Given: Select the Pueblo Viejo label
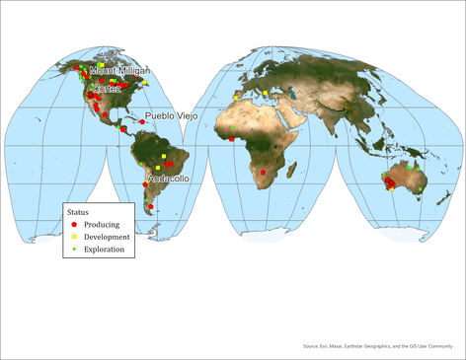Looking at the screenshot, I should [x=172, y=116].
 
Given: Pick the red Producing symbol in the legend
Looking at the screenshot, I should [x=75, y=225].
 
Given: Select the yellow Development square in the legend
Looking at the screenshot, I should [x=75, y=238].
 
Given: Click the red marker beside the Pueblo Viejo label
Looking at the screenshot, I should [x=142, y=122].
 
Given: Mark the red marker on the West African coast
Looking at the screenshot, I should [x=232, y=139].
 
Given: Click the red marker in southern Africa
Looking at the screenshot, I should [x=264, y=172].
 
